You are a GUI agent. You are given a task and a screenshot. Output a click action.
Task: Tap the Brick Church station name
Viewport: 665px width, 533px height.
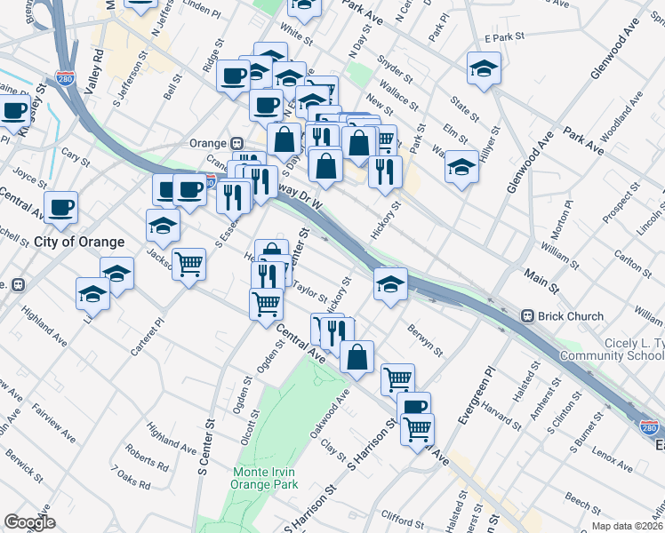574,315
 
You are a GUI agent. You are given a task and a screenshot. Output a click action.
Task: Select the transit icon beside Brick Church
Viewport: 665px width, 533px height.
527,315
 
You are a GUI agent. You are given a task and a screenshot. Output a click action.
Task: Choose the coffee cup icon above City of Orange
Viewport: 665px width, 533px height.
60,208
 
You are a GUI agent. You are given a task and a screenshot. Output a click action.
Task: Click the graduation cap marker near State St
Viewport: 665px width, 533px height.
484,69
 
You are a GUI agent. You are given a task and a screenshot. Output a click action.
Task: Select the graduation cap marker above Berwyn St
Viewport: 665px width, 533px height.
390,284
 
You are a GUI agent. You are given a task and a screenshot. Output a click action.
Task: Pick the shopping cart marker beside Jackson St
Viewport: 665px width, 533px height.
188,264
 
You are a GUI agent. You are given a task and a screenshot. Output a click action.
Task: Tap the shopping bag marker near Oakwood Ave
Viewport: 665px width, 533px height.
357,357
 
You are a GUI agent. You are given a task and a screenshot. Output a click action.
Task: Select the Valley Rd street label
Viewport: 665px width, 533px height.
95,67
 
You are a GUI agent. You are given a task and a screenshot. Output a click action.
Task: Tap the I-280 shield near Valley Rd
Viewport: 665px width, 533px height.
64,80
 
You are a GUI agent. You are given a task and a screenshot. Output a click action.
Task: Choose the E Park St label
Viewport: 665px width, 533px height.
500,38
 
